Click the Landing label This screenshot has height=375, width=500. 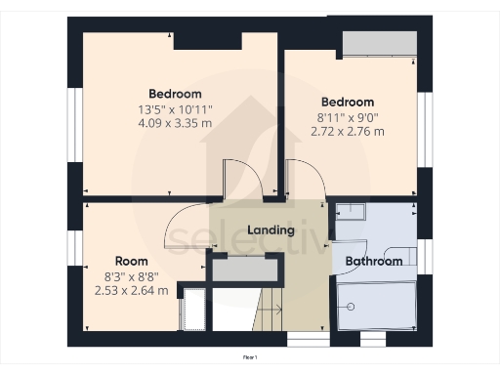pyautogui.click(x=271, y=230)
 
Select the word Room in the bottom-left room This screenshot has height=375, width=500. pyautogui.click(x=131, y=261)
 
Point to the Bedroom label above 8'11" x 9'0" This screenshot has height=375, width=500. pyautogui.click(x=348, y=102)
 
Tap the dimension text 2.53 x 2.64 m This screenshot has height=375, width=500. pyautogui.click(x=131, y=290)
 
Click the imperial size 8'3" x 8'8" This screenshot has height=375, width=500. pyautogui.click(x=131, y=276)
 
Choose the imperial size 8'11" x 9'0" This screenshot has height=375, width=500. pyautogui.click(x=348, y=116)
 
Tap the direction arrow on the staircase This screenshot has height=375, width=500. pyautogui.click(x=272, y=311)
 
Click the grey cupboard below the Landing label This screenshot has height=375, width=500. pyautogui.click(x=246, y=270)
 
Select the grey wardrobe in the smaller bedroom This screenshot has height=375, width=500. pyautogui.click(x=380, y=44)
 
